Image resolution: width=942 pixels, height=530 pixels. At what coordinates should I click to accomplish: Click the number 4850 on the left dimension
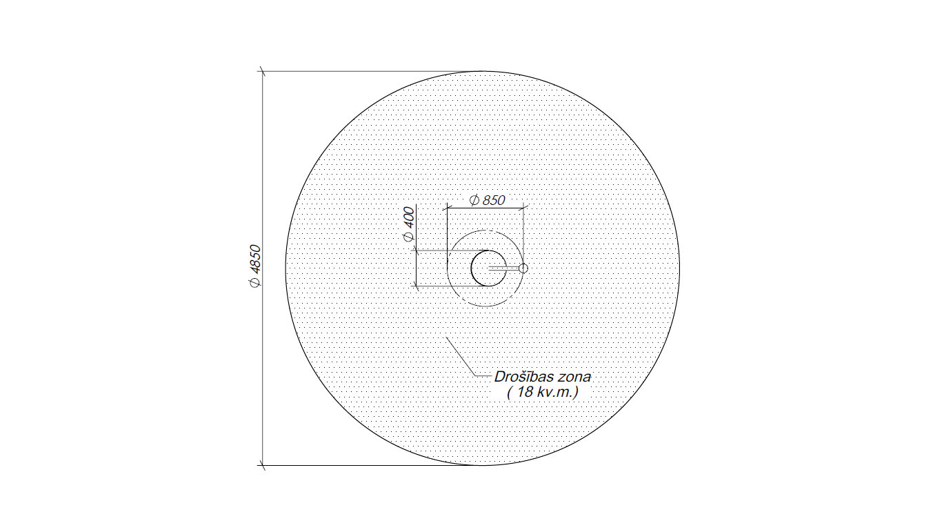255,259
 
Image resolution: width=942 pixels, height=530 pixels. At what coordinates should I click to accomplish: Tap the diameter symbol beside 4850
255,283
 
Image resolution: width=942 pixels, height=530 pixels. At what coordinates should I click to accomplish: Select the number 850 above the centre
494,200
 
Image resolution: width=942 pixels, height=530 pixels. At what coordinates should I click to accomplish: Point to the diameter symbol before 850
474,200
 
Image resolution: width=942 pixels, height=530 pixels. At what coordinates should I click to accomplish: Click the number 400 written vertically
409,217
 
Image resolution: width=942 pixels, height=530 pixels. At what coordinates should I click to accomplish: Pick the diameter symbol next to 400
409,237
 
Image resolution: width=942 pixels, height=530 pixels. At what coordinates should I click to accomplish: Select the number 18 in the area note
525,393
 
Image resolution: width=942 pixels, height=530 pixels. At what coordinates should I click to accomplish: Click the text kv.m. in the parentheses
555,393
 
